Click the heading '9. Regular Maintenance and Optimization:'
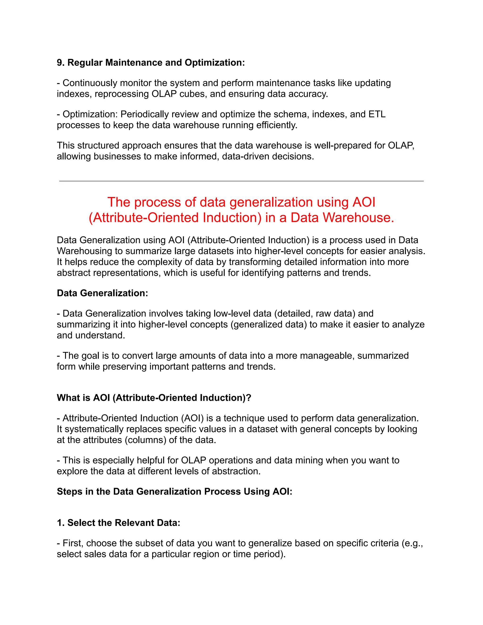coord(151,62)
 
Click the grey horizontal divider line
coord(241,181)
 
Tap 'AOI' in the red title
coord(364,202)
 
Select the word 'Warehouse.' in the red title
coord(358,217)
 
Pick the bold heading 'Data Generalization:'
coord(102,293)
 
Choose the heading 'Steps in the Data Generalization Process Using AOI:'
coord(175,491)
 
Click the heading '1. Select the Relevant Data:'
coord(118,523)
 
